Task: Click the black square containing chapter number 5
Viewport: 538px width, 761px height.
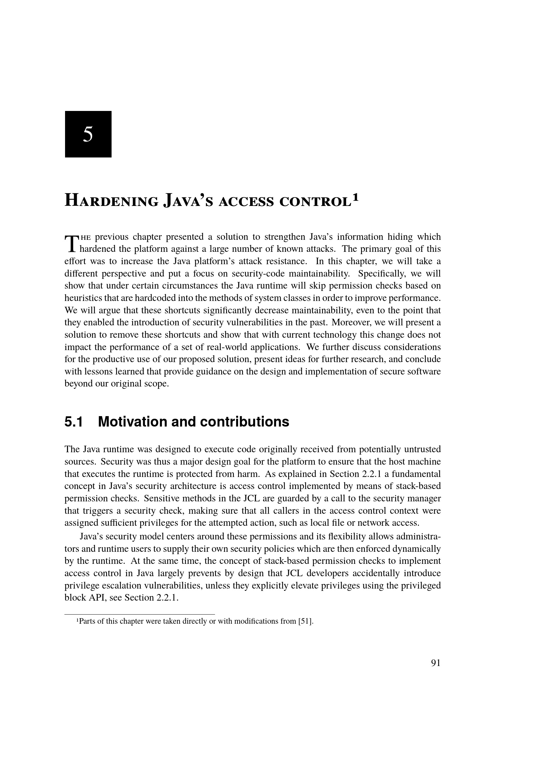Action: pyautogui.click(x=88, y=134)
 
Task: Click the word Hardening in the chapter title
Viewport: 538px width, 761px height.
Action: pyautogui.click(x=111, y=201)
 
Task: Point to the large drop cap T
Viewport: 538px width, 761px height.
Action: pyautogui.click(x=71, y=243)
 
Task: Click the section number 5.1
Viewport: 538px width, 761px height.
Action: pyautogui.click(x=73, y=422)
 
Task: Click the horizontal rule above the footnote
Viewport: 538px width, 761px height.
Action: pyautogui.click(x=140, y=614)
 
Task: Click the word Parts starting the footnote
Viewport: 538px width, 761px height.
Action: pyautogui.click(x=87, y=621)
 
